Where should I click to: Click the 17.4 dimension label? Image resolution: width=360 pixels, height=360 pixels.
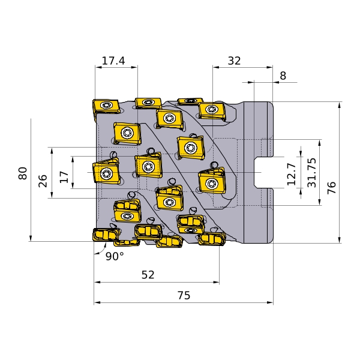point(113,61)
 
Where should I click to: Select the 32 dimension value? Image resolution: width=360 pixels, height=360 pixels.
point(234,61)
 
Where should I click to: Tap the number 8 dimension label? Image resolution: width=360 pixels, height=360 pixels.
point(283,76)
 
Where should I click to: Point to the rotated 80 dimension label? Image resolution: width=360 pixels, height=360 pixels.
point(23,173)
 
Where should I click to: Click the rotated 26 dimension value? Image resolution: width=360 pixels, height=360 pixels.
point(43,181)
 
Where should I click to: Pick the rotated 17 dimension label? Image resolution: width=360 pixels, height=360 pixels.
point(64,177)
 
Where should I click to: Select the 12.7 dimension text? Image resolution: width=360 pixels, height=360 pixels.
point(292,174)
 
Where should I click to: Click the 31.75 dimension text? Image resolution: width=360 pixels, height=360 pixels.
point(312,173)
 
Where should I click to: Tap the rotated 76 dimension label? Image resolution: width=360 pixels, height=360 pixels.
point(332,188)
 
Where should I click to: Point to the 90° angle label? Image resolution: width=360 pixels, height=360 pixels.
point(115,256)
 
